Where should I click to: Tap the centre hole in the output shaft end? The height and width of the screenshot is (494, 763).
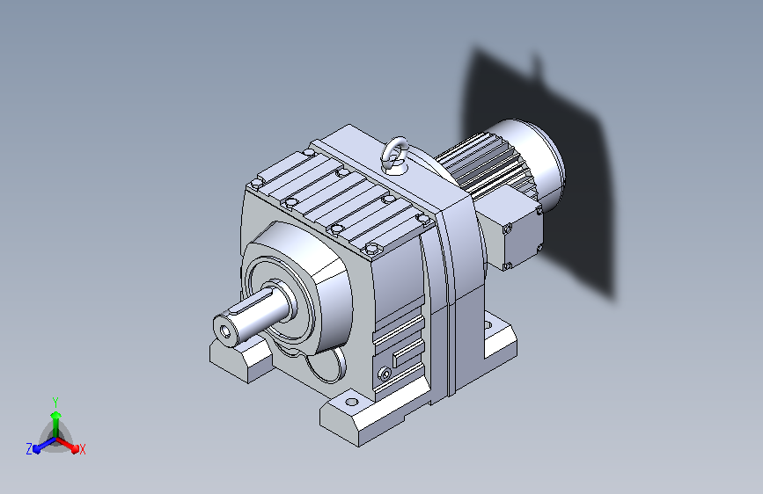click(225, 332)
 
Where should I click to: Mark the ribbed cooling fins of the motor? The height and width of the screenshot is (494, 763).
click(481, 165)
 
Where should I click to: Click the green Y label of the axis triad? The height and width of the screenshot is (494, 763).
click(55, 402)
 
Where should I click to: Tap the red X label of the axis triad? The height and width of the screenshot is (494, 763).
click(83, 449)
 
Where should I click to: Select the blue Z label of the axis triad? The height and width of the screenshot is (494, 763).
click(29, 449)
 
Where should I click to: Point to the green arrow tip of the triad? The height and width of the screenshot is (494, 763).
click(56, 413)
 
